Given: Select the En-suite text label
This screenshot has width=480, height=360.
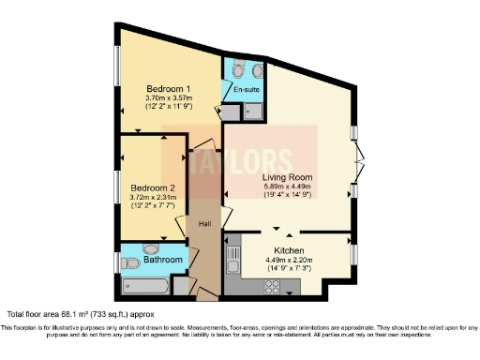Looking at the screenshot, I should (x=247, y=89).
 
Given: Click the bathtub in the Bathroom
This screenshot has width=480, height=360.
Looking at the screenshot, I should (x=145, y=286).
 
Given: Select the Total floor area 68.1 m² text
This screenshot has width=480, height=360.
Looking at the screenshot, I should (x=81, y=313).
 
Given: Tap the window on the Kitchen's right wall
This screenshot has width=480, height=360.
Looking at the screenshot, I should (x=353, y=254).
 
